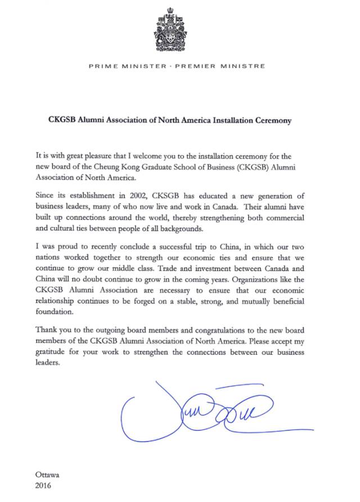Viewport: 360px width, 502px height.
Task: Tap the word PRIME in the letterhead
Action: tap(102, 66)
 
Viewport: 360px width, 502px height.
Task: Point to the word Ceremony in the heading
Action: tap(271, 120)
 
